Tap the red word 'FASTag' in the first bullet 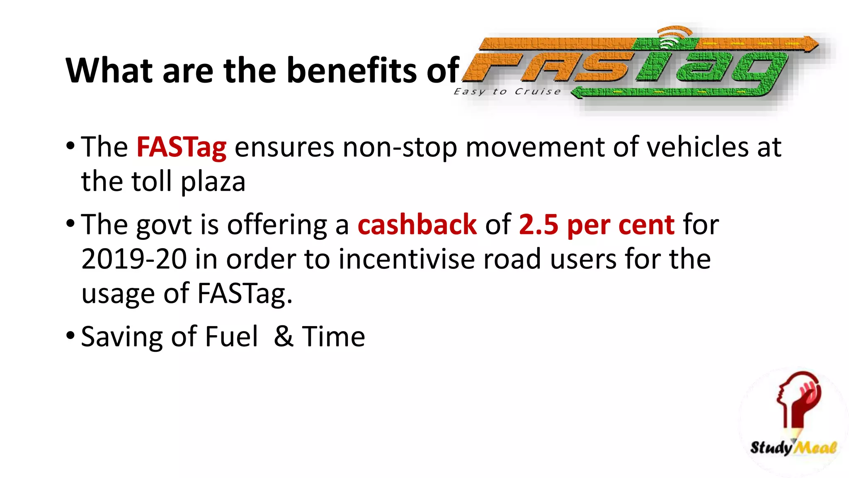pos(181,147)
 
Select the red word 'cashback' pos(417,224)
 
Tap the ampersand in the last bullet pos(284,337)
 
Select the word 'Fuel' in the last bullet pos(231,337)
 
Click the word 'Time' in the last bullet pos(333,337)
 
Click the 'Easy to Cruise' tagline pos(507,91)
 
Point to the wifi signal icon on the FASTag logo pos(674,37)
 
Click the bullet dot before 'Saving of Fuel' pos(70,334)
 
